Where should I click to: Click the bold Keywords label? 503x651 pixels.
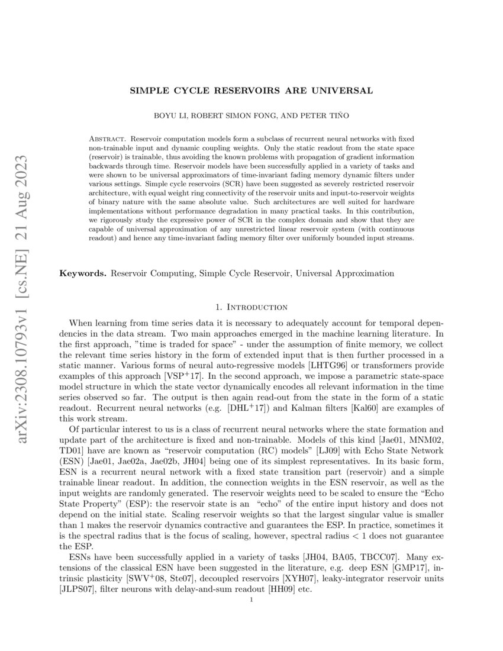(x=83, y=273)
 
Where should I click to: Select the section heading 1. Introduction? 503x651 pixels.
(x=251, y=307)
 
